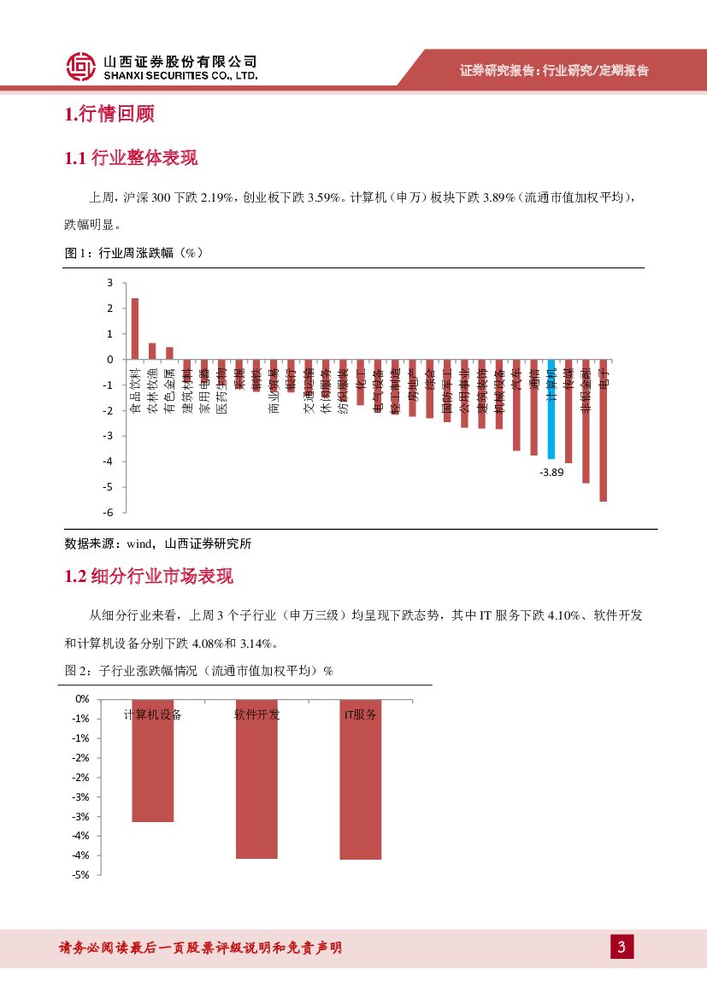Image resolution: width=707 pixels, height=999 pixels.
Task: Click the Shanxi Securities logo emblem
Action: pyautogui.click(x=80, y=68)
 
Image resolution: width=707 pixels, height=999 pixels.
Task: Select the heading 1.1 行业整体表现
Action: pyautogui.click(x=131, y=158)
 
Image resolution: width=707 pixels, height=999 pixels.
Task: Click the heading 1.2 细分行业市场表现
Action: pyautogui.click(x=149, y=577)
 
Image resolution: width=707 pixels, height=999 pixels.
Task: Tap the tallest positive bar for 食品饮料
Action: pyautogui.click(x=135, y=329)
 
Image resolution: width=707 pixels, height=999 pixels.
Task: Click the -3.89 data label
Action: pyautogui.click(x=551, y=471)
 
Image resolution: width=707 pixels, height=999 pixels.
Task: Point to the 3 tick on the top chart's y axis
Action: pyautogui.click(x=110, y=283)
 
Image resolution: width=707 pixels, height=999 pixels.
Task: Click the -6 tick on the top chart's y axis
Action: pyautogui.click(x=108, y=512)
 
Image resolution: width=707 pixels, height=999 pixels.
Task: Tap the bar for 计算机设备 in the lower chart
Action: pyautogui.click(x=153, y=761)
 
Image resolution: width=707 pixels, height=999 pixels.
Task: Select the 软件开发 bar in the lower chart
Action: pyautogui.click(x=256, y=779)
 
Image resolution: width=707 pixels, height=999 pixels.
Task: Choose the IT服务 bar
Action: pyautogui.click(x=360, y=779)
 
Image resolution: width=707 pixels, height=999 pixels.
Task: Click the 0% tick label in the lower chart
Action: pyautogui.click(x=82, y=699)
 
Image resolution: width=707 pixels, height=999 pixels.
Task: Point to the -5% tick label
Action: pyautogui.click(x=81, y=875)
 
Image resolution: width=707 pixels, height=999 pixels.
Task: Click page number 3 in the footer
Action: pyautogui.click(x=622, y=947)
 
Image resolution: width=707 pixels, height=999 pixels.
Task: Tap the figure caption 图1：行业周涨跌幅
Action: pyautogui.click(x=133, y=253)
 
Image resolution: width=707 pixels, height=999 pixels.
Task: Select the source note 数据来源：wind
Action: pyautogui.click(x=158, y=544)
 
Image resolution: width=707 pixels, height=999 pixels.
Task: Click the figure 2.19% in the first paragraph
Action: pyautogui.click(x=217, y=197)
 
